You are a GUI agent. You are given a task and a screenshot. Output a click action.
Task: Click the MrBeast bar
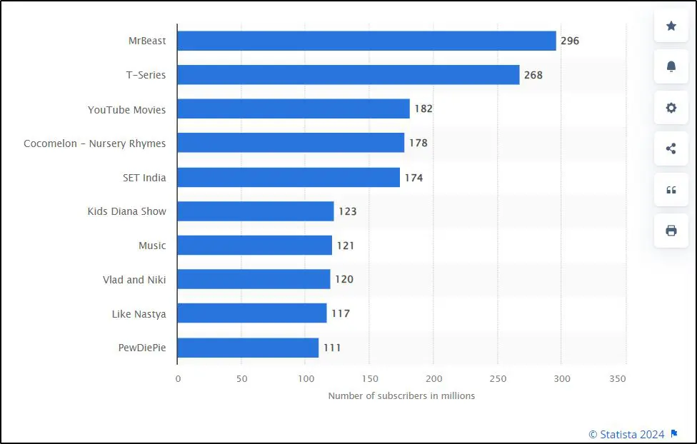(x=366, y=41)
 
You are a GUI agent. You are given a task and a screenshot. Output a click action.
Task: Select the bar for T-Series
(x=348, y=75)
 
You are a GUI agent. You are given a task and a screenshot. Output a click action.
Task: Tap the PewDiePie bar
(x=248, y=348)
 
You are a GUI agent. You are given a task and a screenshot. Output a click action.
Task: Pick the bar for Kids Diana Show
(x=256, y=211)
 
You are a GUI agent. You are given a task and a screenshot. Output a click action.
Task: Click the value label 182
(x=423, y=109)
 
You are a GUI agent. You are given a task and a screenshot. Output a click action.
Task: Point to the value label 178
(x=418, y=143)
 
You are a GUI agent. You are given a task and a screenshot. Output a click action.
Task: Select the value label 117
(x=340, y=313)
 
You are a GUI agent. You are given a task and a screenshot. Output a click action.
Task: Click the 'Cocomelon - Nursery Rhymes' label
(x=94, y=143)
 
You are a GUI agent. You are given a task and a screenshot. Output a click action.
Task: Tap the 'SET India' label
(x=144, y=178)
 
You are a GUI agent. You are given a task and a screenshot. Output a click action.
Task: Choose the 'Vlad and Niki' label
(x=134, y=280)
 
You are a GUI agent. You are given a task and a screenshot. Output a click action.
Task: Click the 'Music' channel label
(x=152, y=246)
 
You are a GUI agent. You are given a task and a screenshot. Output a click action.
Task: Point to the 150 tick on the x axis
(x=369, y=378)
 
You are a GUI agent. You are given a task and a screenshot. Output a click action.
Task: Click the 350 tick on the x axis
(x=618, y=378)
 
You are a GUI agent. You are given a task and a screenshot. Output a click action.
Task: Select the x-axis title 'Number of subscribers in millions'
(x=401, y=395)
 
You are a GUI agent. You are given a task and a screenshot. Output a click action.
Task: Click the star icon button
(x=671, y=26)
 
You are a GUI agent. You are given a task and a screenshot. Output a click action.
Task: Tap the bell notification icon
(x=671, y=66)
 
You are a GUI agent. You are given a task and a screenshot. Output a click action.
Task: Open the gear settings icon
(x=671, y=108)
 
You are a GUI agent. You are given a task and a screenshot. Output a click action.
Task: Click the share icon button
(x=671, y=148)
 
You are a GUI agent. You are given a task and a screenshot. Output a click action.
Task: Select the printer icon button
(x=671, y=231)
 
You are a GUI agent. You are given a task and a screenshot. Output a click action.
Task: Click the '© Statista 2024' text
(x=626, y=434)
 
